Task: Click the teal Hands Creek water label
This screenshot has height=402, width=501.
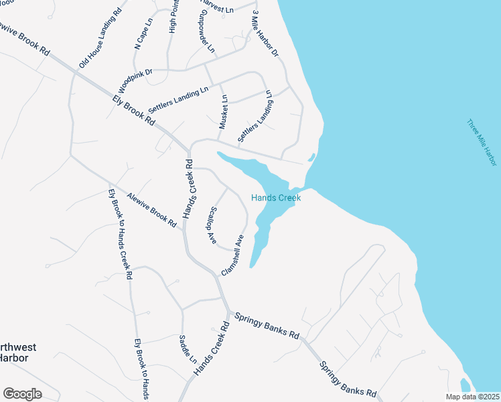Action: click(x=276, y=198)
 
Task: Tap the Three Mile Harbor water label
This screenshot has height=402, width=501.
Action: click(x=482, y=143)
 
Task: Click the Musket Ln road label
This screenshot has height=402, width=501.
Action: click(x=224, y=111)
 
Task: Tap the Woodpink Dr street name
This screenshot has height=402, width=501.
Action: click(x=135, y=80)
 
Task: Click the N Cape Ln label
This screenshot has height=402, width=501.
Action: click(x=144, y=33)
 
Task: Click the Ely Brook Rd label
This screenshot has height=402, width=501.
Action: click(x=134, y=111)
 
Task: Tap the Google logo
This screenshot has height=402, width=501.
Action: click(x=22, y=393)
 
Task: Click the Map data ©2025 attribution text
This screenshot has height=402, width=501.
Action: click(x=472, y=397)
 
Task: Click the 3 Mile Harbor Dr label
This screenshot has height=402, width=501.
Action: click(x=265, y=33)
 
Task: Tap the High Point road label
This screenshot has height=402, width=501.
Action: click(x=174, y=17)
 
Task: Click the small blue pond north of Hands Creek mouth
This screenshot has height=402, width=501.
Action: click(x=311, y=158)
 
